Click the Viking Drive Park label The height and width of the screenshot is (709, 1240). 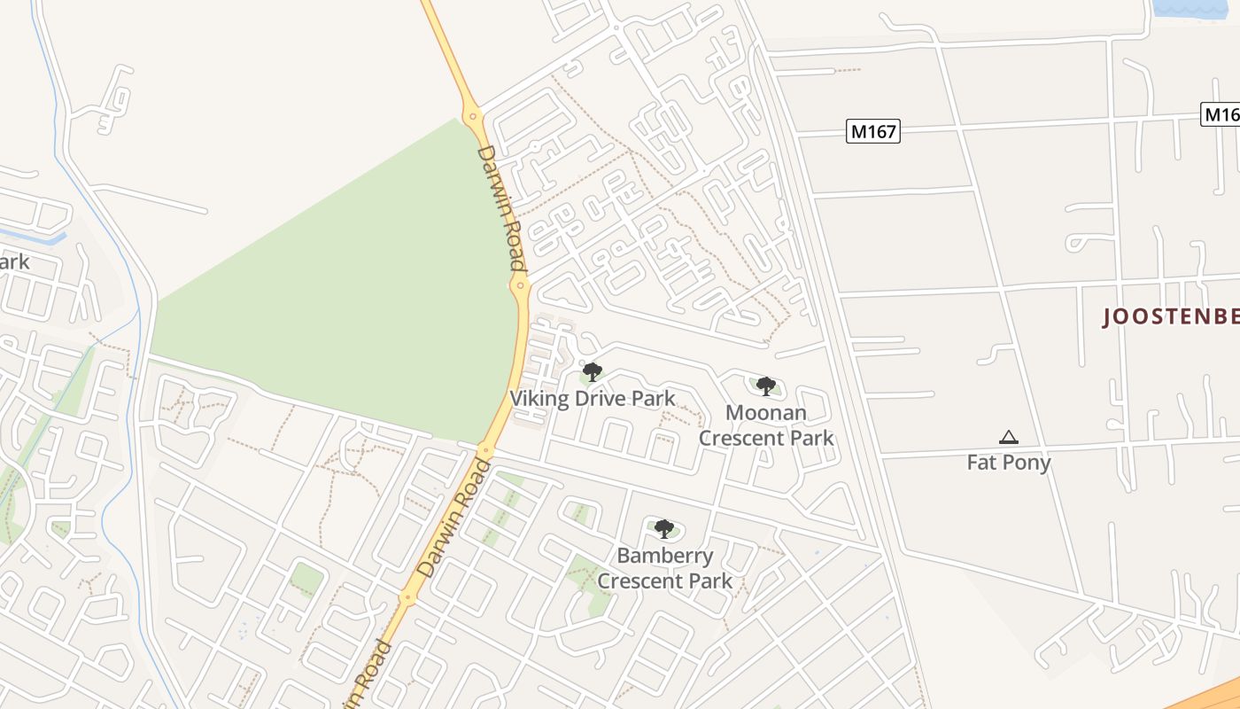coord(592,399)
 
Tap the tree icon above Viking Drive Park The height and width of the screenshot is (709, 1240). coord(592,372)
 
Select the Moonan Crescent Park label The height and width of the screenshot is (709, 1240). coord(765,425)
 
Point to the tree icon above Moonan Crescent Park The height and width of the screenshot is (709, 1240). coord(766,386)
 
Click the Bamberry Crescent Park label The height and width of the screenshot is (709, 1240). coord(664,568)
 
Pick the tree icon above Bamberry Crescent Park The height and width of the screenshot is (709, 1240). coord(664,529)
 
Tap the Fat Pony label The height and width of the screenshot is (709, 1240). coord(1008,462)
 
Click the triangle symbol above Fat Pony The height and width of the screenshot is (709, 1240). coord(1008,437)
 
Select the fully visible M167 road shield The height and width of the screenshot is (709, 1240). coord(872,132)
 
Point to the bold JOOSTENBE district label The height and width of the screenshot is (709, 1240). coord(1169,316)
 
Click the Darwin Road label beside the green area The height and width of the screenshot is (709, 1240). coord(501,207)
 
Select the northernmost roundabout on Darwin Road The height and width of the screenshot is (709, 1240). coord(473,114)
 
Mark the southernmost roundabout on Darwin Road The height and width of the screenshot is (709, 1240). coord(407,599)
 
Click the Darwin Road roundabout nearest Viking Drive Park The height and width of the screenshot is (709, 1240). coord(519,284)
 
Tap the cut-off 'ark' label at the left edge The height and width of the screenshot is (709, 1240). coord(14,262)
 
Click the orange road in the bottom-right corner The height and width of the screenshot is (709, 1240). coord(1205,696)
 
